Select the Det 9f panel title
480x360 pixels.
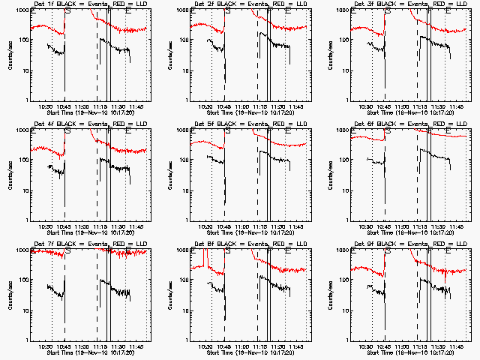click(x=410, y=244)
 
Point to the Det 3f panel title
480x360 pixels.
click(x=410, y=4)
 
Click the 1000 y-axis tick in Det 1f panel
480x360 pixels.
click(x=22, y=10)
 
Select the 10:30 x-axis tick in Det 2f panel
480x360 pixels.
click(x=205, y=106)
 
